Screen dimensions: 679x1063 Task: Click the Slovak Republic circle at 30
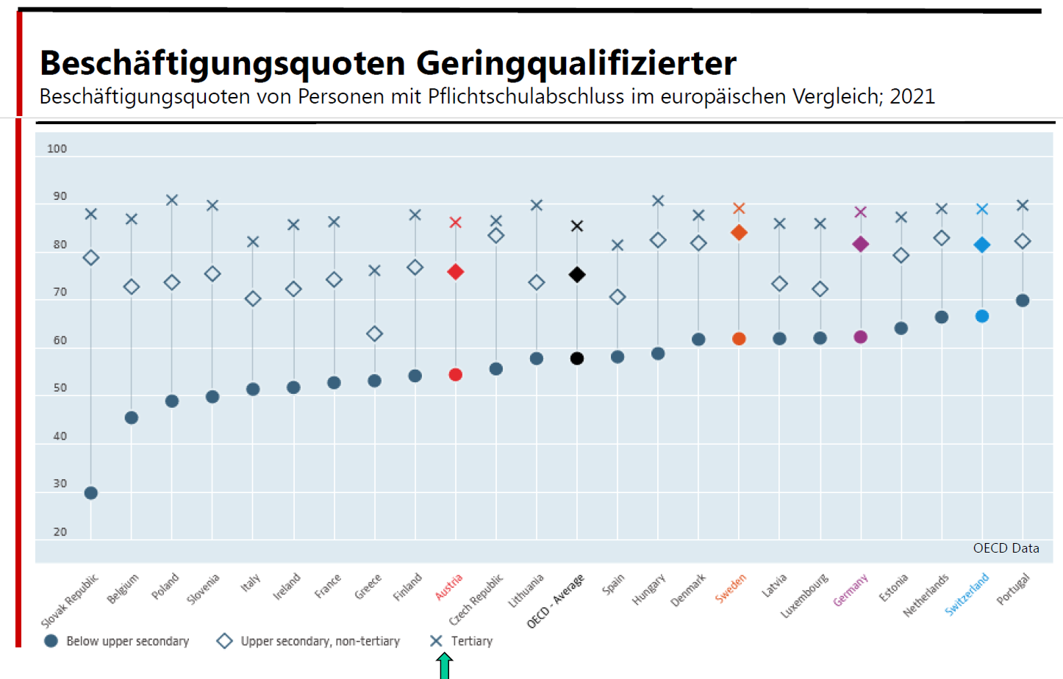point(91,493)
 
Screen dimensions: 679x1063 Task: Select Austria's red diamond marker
point(456,272)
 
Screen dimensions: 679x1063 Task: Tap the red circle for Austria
point(456,375)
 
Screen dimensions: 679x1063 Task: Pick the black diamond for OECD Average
point(577,275)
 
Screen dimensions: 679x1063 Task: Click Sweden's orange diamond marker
point(739,233)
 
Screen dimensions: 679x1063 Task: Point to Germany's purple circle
point(861,337)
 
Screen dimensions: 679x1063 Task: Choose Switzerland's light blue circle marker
point(982,316)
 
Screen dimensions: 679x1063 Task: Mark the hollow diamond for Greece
point(374,334)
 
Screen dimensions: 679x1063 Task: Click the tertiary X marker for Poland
point(172,201)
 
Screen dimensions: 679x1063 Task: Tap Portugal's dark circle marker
point(1023,301)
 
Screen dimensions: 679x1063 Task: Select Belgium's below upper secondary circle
point(132,418)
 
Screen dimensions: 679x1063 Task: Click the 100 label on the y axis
point(57,148)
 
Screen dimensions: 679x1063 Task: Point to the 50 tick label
point(60,388)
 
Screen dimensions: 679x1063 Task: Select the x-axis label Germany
point(850,591)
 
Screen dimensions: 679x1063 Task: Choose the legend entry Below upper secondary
point(127,642)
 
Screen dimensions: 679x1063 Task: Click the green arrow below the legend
point(444,666)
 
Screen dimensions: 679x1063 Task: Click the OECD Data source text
point(1006,548)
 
